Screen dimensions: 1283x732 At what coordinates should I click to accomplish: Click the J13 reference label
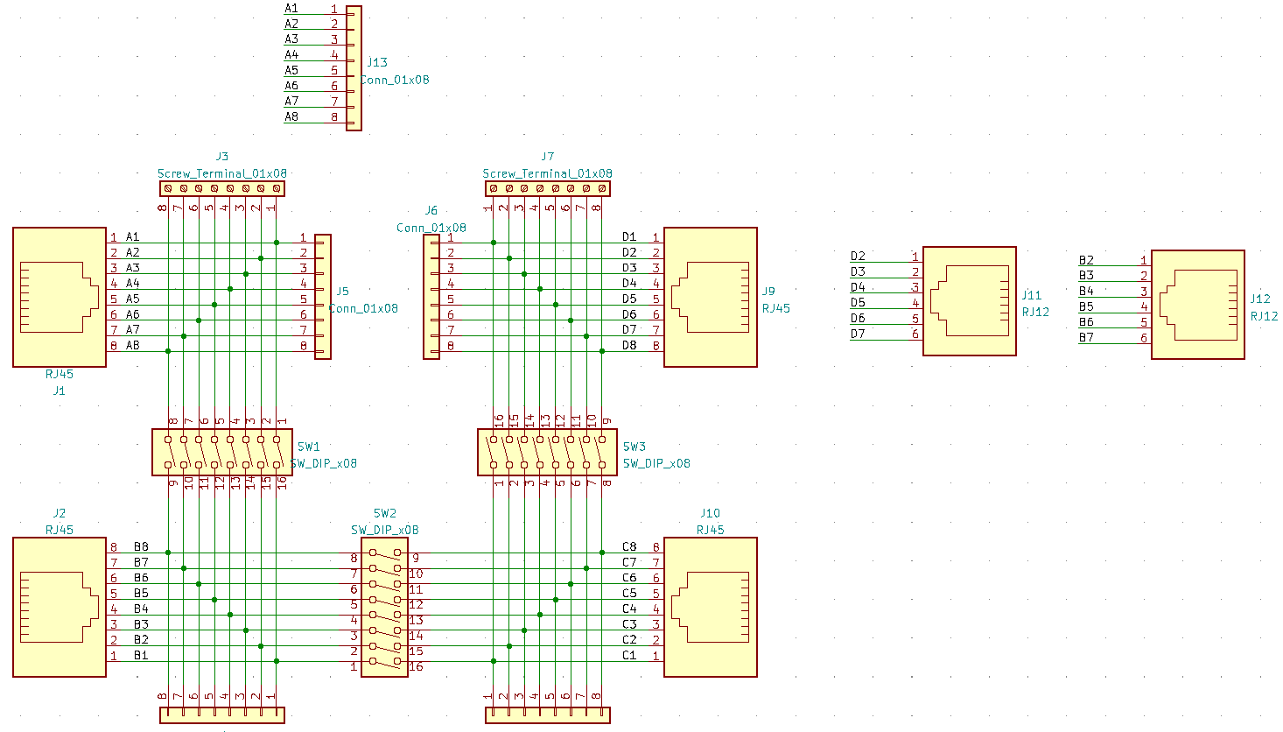(x=377, y=62)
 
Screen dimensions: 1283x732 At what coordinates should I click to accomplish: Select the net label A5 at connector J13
(x=291, y=70)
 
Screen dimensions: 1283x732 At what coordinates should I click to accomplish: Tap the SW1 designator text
(x=309, y=447)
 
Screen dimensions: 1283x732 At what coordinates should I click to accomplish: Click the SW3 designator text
(x=634, y=447)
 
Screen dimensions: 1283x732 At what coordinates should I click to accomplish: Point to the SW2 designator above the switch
(x=385, y=513)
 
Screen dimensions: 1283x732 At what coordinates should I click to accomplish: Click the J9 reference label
(x=768, y=292)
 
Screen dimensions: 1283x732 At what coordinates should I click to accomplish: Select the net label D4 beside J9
(x=629, y=283)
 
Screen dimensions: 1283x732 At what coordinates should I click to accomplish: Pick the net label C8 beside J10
(x=629, y=547)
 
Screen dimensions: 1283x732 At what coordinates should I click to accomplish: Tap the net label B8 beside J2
(x=141, y=547)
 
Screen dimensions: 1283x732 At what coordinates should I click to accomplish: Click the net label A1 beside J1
(x=132, y=236)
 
